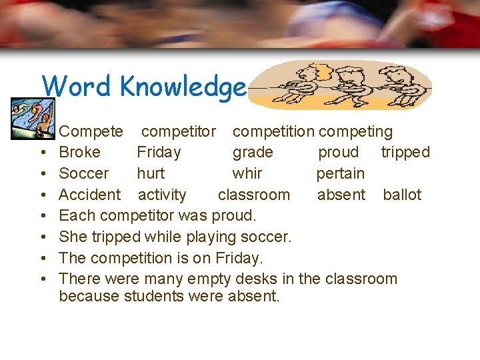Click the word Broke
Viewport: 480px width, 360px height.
pos(79,153)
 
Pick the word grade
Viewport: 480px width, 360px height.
pos(253,153)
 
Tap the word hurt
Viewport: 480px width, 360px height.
pos(151,174)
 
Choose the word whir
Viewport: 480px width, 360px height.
pos(247,174)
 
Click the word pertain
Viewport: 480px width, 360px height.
pos(341,174)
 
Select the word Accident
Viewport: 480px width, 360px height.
pos(90,195)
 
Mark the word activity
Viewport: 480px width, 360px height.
pos(162,195)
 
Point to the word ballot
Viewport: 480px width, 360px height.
pos(402,195)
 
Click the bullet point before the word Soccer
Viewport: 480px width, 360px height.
pos(43,174)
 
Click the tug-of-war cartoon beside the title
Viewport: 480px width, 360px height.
pos(343,85)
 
